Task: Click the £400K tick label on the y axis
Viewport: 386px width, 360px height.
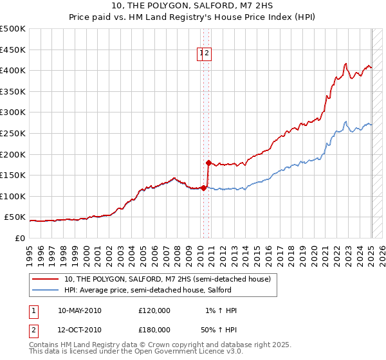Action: [13, 70]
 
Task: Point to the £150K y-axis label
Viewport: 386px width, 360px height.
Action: [13, 175]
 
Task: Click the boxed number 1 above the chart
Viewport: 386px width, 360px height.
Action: [201, 54]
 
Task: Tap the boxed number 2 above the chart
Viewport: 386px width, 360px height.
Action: [208, 54]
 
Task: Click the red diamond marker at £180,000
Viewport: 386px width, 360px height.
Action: [208, 163]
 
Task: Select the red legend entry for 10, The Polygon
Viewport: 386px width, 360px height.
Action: [170, 279]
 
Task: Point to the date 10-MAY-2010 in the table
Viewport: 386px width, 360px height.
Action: [80, 310]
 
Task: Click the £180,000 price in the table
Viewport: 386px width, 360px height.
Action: [154, 329]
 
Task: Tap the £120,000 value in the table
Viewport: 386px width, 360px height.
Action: [154, 310]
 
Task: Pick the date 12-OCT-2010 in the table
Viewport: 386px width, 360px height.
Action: [80, 329]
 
